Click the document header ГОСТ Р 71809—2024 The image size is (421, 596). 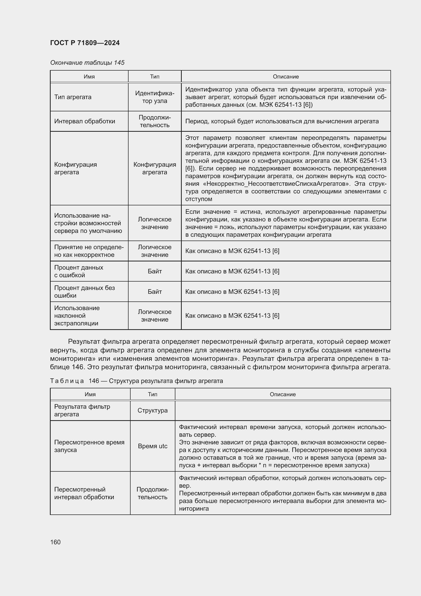pos(85,43)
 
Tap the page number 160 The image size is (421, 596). pos(55,542)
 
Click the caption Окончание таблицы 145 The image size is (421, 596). pos(87,63)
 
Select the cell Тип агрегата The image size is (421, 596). pos(73,97)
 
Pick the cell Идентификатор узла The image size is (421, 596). pos(155,97)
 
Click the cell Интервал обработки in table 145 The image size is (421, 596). pos(85,121)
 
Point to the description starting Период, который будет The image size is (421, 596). pos(282,121)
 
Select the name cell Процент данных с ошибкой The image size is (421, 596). pos(79,271)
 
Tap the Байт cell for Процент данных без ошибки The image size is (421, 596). pos(155,292)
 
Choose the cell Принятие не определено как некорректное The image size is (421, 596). pos(89,251)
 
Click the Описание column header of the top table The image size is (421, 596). pos(286,77)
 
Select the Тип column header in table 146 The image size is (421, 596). pos(152,394)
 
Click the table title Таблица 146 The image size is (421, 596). pos(136,381)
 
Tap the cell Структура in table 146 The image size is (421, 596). pos(152,410)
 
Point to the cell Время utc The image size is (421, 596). pos(152,446)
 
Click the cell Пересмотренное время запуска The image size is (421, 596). pos(89,446)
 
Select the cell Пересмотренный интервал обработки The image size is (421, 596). pos(84,493)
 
